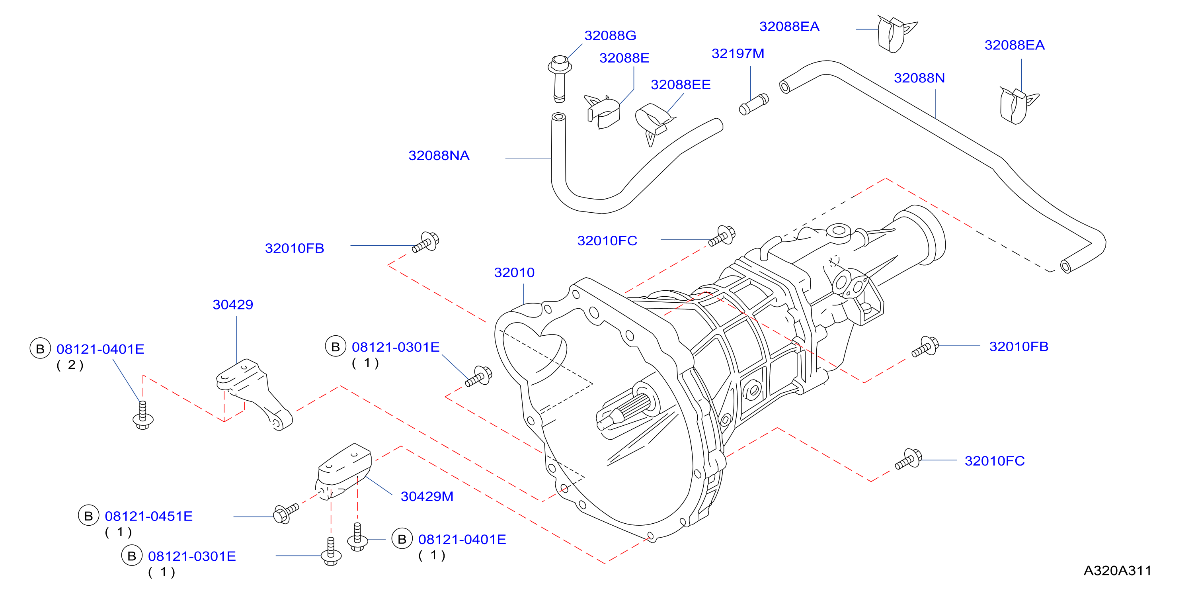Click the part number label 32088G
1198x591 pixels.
click(610, 35)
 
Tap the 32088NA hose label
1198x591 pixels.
click(439, 155)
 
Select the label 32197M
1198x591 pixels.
click(738, 53)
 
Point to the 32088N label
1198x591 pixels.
click(919, 78)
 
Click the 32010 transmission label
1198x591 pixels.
click(514, 272)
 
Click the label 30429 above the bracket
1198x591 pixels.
click(232, 304)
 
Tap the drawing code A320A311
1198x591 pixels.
click(1117, 571)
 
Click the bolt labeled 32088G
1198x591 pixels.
click(560, 78)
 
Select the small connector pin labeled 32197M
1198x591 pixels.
click(754, 104)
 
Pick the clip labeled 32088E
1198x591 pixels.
click(603, 112)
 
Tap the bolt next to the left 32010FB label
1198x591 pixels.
click(426, 242)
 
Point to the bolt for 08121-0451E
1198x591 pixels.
click(285, 513)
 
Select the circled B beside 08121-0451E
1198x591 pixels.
click(88, 516)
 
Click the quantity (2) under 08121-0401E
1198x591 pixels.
click(70, 365)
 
